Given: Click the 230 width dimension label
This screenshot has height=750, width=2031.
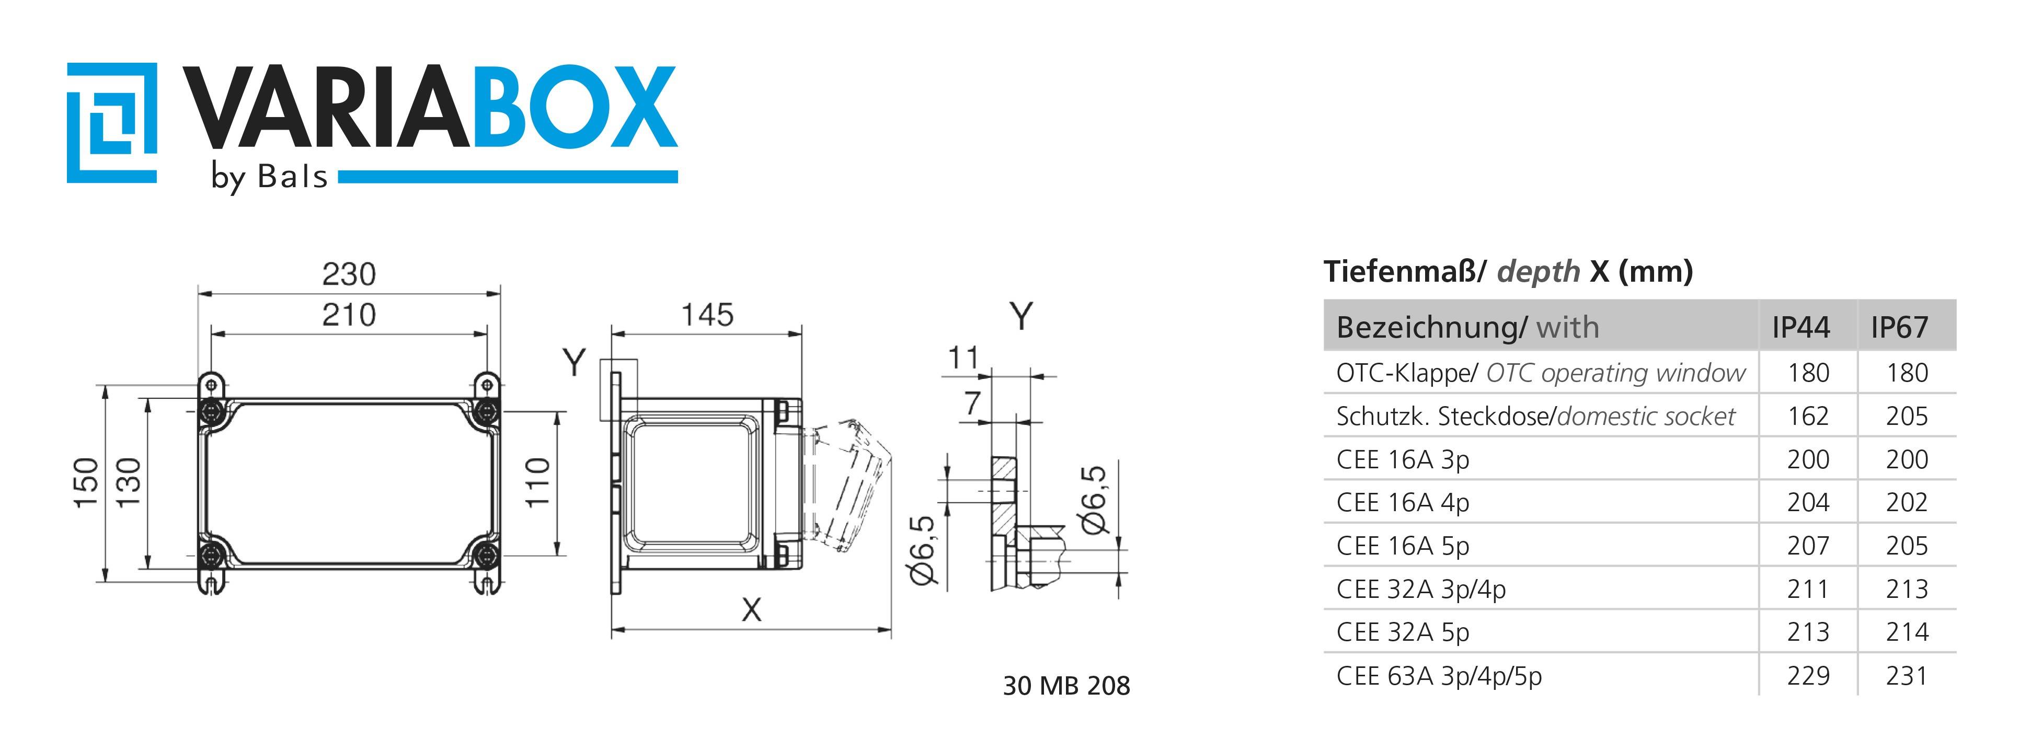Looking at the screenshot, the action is [x=349, y=274].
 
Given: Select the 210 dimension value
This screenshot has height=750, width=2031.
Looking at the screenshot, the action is [x=349, y=316].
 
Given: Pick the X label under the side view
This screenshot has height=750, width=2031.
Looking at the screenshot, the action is [x=751, y=609].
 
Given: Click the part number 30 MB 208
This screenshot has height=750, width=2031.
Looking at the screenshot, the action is [x=1066, y=685].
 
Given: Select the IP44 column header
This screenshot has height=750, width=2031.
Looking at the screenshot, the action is [x=1801, y=327].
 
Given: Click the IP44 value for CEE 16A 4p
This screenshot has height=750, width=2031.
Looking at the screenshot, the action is [x=1808, y=502].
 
